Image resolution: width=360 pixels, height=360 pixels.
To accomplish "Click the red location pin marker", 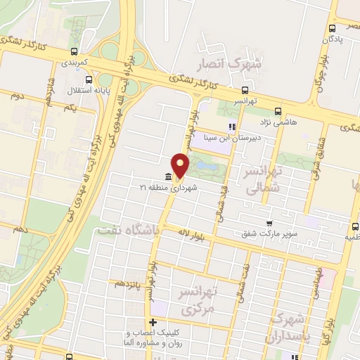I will point(181,165).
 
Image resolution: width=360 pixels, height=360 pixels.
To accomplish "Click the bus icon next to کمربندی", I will point(74,51).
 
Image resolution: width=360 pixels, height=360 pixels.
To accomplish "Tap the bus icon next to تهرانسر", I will point(245,90).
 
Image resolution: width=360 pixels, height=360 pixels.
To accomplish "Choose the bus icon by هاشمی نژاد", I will point(278,111).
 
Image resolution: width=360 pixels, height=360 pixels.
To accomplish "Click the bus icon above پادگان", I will point(332,29).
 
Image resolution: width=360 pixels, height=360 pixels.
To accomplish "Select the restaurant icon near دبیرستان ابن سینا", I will point(231,127).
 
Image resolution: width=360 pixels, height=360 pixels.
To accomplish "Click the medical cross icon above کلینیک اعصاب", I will point(153,322).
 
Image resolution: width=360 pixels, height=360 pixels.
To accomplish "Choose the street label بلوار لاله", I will point(191,232).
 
